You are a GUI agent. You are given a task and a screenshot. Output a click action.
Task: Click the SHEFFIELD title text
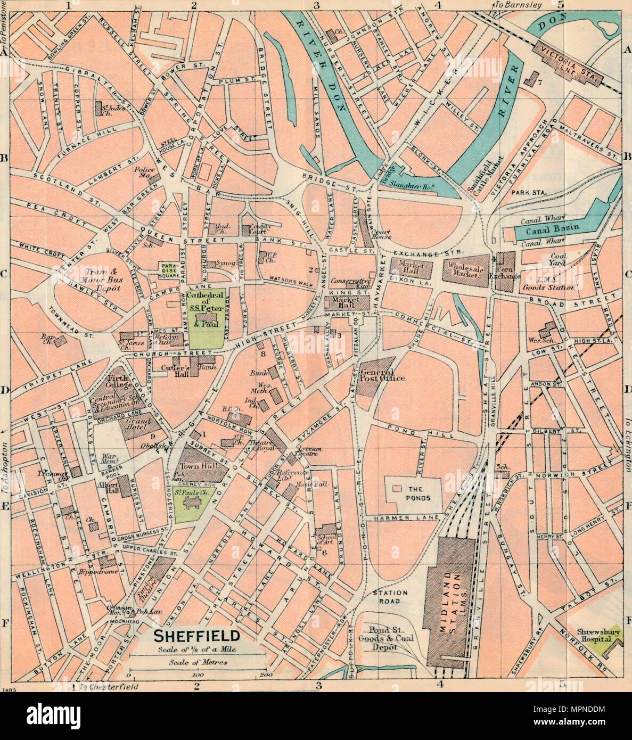(x=197, y=636)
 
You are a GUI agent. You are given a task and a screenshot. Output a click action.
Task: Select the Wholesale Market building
(x=465, y=274)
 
